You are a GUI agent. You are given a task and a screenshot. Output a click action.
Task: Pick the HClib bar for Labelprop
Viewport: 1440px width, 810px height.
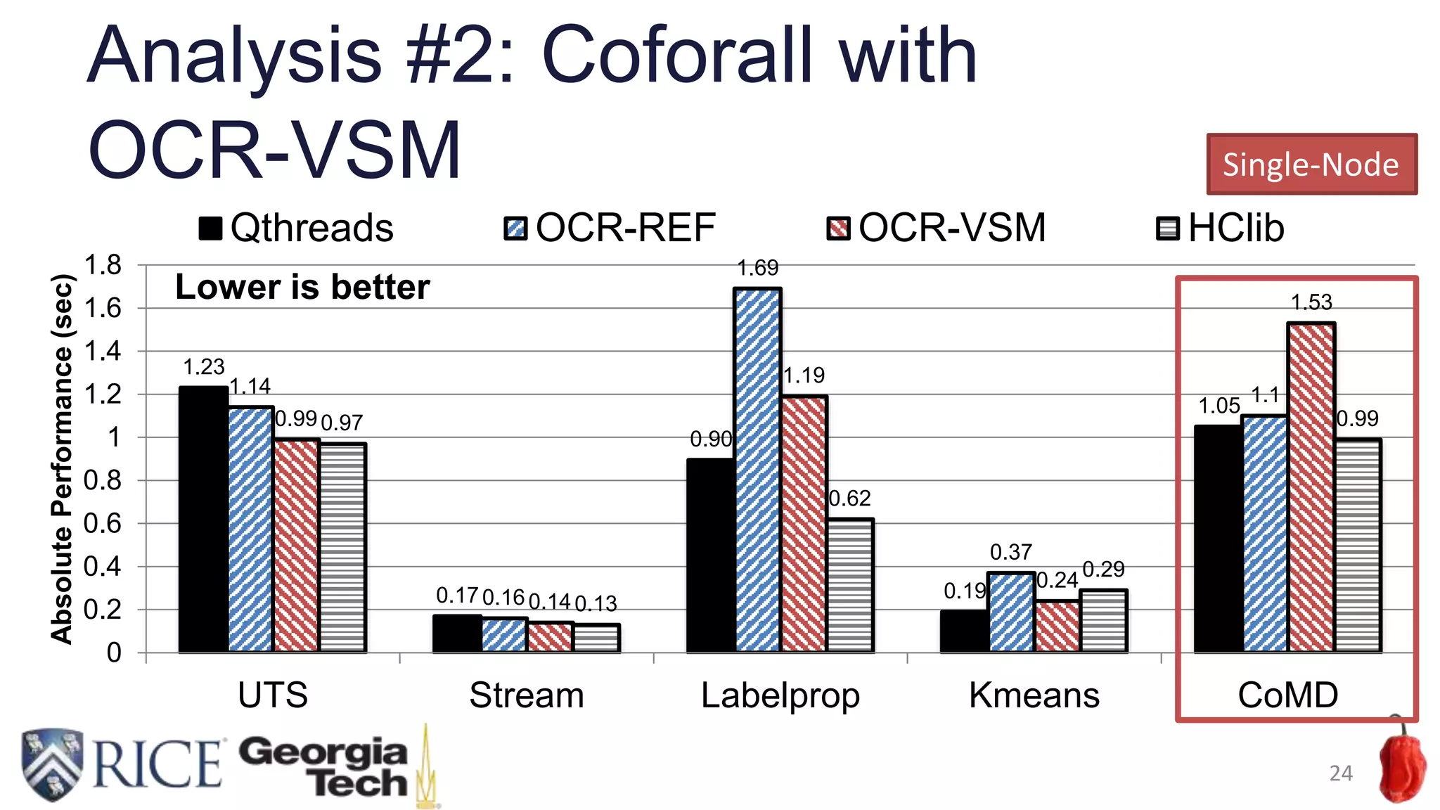[x=850, y=585]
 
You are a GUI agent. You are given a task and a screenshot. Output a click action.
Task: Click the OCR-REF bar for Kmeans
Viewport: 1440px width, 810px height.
[x=1011, y=612]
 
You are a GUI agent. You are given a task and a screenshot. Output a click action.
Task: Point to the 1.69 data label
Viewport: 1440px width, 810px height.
[x=758, y=268]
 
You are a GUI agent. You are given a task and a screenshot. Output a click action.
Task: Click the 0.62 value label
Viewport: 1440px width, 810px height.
[x=849, y=499]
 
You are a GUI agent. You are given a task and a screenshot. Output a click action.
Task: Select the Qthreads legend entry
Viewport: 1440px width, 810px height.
[x=297, y=228]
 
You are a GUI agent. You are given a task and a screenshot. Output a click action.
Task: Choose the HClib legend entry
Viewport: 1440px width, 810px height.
[x=1221, y=228]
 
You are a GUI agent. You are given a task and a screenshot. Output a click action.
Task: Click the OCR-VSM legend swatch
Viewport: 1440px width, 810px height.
[x=838, y=229]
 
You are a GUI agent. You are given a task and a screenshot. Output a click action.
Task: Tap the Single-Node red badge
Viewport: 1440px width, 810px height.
[x=1311, y=164]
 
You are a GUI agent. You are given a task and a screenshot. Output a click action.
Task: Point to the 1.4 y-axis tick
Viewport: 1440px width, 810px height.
[x=103, y=351]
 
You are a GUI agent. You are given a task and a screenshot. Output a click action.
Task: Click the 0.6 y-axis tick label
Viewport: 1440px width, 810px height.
[x=103, y=523]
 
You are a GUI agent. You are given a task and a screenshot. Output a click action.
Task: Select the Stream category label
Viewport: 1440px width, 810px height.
[x=527, y=695]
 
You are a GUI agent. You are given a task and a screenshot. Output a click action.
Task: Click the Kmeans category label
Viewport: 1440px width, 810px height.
[x=1034, y=695]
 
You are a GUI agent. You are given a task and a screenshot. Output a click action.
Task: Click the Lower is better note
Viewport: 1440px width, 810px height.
[x=302, y=287]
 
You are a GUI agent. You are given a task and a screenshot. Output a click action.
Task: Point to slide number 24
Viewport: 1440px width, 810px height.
[x=1341, y=773]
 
